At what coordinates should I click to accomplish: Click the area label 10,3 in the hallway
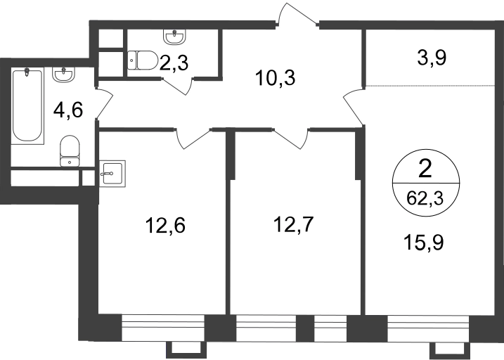[x=275, y=79]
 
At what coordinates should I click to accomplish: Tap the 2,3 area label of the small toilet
[x=174, y=63]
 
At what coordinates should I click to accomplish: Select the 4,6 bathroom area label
[x=68, y=110]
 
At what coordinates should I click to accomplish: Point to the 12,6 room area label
[x=165, y=225]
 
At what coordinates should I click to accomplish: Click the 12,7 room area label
[x=293, y=224]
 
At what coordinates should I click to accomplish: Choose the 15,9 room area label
[x=424, y=243]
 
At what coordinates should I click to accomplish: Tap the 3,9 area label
[x=432, y=58]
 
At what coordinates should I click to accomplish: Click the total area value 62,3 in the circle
[x=425, y=198]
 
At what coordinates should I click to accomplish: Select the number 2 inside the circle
[x=425, y=169]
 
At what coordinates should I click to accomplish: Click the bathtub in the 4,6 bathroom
[x=27, y=106]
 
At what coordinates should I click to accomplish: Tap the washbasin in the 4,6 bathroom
[x=64, y=75]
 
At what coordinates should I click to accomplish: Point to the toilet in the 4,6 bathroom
[x=70, y=150]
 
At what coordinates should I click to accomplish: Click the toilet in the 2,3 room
[x=143, y=60]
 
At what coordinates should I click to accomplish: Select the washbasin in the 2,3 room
[x=174, y=37]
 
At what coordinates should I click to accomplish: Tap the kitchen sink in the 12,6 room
[x=112, y=174]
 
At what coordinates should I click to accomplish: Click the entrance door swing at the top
[x=297, y=15]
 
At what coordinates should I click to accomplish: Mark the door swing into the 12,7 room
[x=292, y=139]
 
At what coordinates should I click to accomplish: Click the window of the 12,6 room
[x=163, y=328]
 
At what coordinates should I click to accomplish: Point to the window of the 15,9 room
[x=428, y=328]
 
